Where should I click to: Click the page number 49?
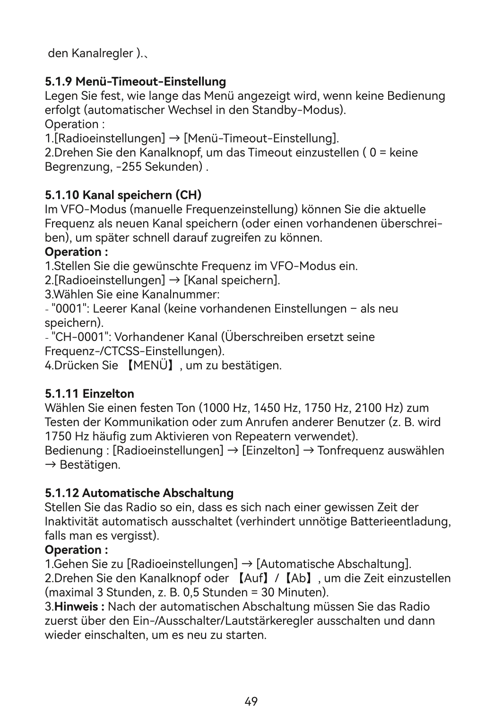pyautogui.click(x=251, y=701)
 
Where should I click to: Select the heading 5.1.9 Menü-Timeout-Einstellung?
pyautogui.click(x=135, y=81)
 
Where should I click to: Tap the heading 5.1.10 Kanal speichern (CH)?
pyautogui.click(x=123, y=195)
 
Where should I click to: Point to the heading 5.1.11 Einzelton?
pyautogui.click(x=89, y=394)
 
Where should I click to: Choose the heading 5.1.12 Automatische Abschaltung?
pyautogui.click(x=139, y=493)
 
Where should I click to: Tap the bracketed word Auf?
pyautogui.click(x=252, y=578)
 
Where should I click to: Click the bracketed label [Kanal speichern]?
pyautogui.click(x=232, y=280)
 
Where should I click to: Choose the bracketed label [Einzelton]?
pyautogui.click(x=270, y=450)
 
